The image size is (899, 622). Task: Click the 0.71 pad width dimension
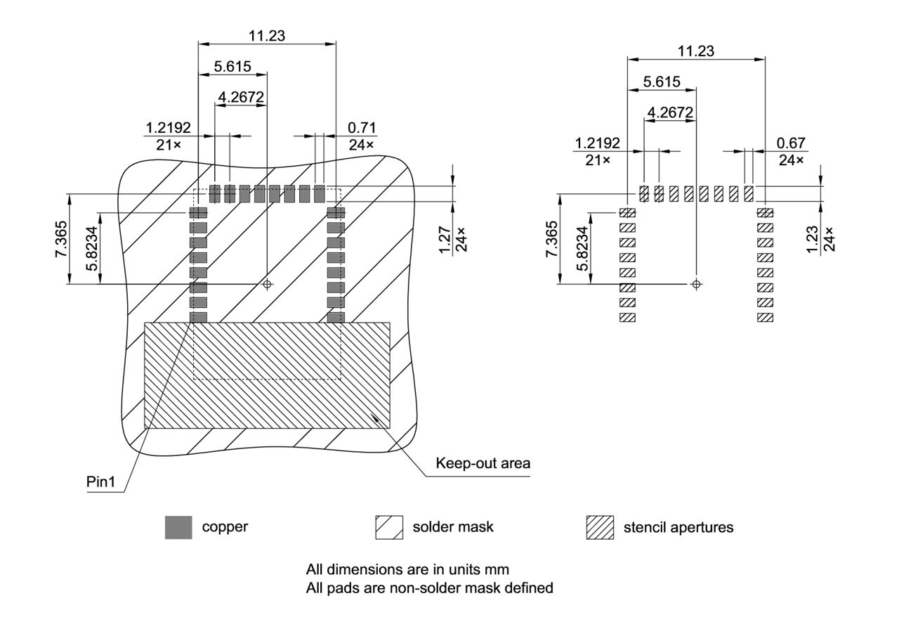click(362, 128)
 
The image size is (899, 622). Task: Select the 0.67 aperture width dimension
click(790, 143)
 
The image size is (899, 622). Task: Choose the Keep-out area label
click(483, 463)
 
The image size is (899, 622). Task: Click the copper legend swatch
click(178, 527)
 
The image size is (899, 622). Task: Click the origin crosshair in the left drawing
click(267, 284)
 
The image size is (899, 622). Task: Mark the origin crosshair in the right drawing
click(696, 284)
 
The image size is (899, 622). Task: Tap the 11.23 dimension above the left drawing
click(267, 36)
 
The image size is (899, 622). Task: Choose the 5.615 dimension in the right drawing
click(662, 82)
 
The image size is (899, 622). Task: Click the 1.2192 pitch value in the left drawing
click(168, 128)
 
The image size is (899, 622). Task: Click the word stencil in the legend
click(643, 526)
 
